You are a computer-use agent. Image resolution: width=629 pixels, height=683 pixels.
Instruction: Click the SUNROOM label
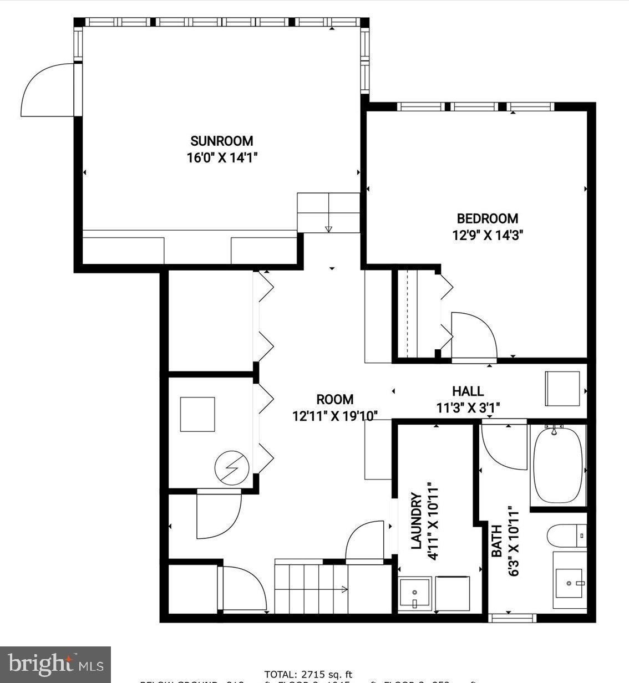(221, 141)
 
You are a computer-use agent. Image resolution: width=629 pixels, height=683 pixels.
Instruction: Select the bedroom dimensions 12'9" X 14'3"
(488, 235)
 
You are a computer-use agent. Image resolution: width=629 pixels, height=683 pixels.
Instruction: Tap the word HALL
(467, 391)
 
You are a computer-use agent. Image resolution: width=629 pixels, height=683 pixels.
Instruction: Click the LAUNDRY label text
(417, 521)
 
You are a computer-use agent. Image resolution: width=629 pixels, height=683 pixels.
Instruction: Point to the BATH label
(497, 541)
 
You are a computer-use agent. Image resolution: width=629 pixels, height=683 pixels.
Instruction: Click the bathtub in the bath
(557, 464)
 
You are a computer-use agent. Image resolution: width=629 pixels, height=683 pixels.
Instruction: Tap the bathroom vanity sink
(569, 583)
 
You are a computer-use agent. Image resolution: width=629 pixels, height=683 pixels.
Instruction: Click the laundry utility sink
(414, 594)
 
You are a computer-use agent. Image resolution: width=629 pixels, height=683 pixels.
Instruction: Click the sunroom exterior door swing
(47, 91)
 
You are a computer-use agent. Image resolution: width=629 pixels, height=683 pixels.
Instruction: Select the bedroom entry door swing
(473, 336)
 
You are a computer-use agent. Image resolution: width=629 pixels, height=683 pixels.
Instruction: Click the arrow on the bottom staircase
(344, 589)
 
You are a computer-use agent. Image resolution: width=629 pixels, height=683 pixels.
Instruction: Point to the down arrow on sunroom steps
(328, 228)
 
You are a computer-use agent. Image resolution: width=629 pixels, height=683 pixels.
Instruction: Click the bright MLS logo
(55, 664)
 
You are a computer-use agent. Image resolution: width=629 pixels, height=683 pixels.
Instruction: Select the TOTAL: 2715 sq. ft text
(308, 674)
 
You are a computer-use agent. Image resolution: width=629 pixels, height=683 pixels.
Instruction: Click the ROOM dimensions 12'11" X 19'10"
(335, 416)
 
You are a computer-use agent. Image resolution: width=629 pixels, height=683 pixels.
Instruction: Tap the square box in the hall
(562, 389)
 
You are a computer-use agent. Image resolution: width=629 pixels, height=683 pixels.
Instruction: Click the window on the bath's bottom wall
(512, 617)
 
